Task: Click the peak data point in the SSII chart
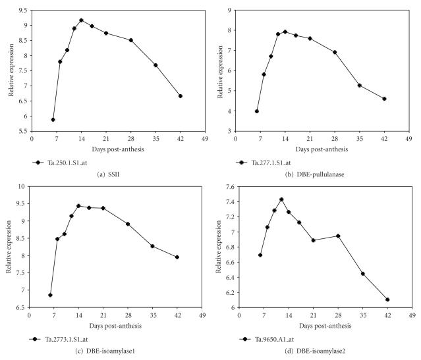point(81,20)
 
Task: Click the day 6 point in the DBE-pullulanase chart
point(257,111)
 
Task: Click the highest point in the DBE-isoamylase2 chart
point(281,199)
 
